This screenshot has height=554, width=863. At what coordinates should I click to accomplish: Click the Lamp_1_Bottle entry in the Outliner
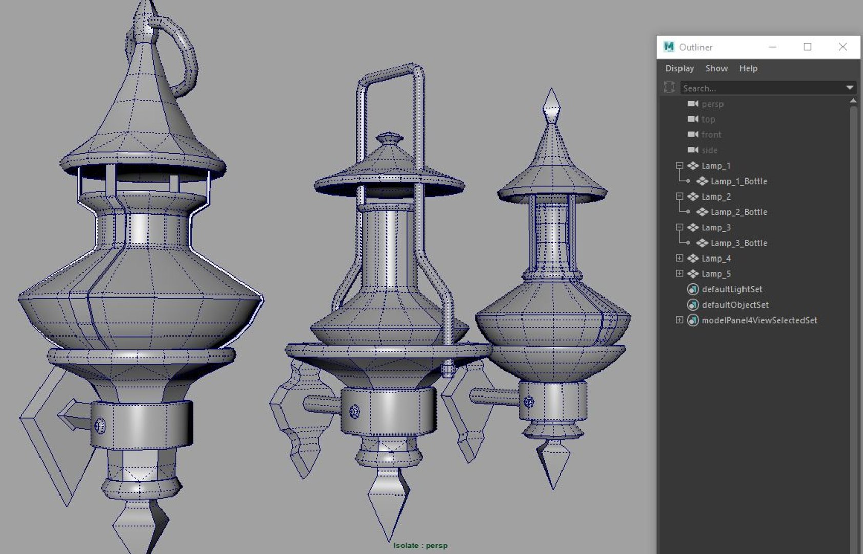pos(738,181)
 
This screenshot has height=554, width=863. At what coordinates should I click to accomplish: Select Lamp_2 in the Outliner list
pos(716,196)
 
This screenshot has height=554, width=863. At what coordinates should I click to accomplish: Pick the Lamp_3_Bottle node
pos(738,243)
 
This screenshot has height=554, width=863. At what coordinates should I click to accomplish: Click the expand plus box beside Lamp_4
pos(679,258)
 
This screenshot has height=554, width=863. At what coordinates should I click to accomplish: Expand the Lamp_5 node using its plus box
pos(679,273)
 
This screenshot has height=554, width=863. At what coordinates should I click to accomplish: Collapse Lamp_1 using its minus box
pos(679,165)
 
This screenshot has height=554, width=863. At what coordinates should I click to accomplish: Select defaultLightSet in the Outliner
pos(732,289)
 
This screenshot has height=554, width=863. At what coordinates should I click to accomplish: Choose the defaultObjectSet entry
pos(735,305)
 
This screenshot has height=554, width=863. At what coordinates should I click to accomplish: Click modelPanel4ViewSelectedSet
pos(759,320)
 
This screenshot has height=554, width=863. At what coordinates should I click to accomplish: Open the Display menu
pos(679,68)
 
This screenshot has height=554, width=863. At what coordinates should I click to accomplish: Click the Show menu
pos(716,68)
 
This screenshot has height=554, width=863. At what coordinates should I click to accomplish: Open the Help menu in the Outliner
pos(748,68)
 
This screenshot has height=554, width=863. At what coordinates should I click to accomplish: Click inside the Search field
pos(761,88)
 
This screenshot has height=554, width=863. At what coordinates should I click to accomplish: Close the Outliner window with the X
pos(842,47)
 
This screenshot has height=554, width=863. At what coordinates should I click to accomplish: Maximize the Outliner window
pos(807,47)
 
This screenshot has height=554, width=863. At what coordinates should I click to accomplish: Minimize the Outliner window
pos(773,47)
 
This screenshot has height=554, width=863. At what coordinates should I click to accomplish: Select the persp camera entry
pos(712,104)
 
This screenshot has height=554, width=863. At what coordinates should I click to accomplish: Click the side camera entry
pos(709,150)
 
